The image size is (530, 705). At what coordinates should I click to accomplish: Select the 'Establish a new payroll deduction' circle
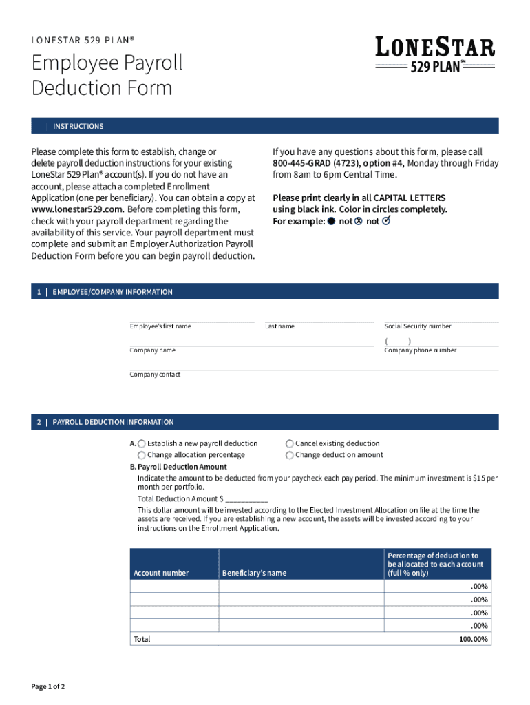click(x=142, y=444)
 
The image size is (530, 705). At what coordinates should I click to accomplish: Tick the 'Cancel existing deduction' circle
click(x=290, y=444)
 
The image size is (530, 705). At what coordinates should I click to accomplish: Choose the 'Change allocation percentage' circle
click(x=142, y=455)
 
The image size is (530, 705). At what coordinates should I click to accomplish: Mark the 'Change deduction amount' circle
click(x=290, y=455)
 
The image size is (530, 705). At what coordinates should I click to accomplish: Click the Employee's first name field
click(x=192, y=317)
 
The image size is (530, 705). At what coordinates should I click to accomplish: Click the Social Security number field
click(x=441, y=317)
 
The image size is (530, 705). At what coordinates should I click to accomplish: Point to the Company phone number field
click(x=441, y=341)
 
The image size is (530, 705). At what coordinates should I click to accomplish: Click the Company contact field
click(x=313, y=365)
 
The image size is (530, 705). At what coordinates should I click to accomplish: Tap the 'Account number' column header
click(x=161, y=573)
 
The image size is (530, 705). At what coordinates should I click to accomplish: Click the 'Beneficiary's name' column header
click(x=254, y=573)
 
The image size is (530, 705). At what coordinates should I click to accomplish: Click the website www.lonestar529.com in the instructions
click(x=77, y=209)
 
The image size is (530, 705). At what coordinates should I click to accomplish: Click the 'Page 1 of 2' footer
click(x=48, y=686)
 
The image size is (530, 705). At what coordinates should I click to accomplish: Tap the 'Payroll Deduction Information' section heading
click(x=113, y=422)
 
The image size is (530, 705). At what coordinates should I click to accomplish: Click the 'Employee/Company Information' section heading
click(x=112, y=292)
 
